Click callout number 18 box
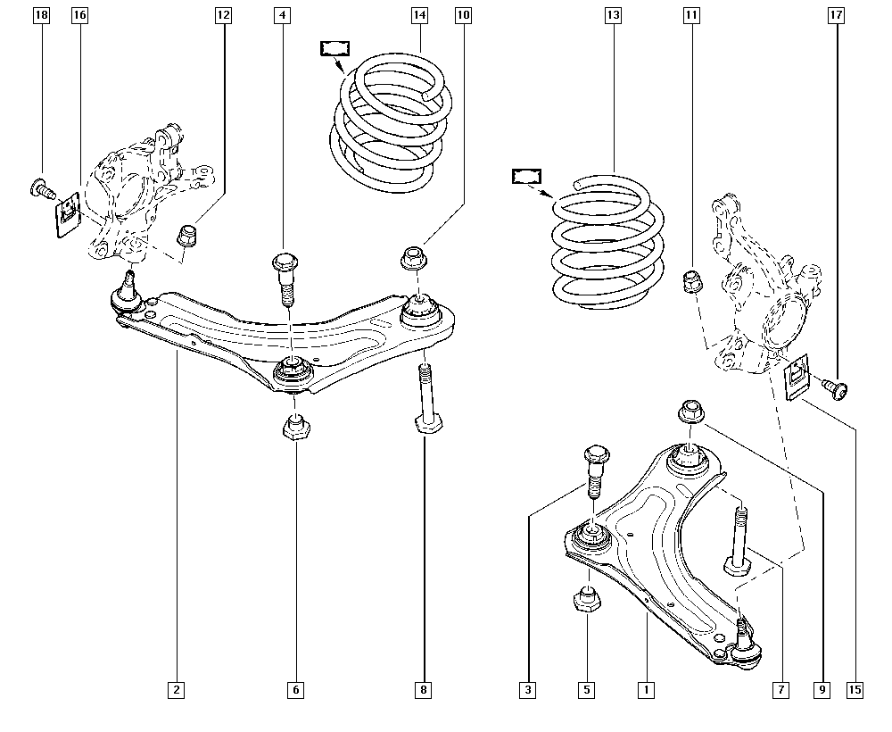pos(40,15)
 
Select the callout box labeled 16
pos(79,15)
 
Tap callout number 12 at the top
pos(222,15)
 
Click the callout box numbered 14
pos(419,15)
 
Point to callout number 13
pos(612,15)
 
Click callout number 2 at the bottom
pos(177,689)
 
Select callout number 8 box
pos(424,689)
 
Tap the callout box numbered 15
pos(855,689)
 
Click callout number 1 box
pos(644,689)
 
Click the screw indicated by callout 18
pos(38,187)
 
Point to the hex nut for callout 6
pos(295,427)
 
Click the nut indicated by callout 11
pos(691,281)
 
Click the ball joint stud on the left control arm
pos(127,290)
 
